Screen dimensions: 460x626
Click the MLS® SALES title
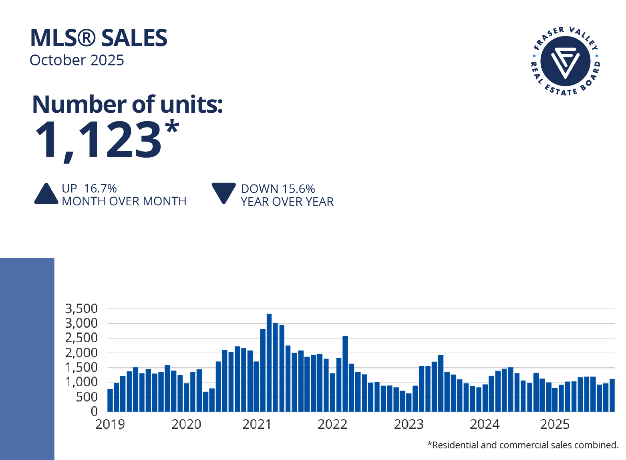[x=99, y=38]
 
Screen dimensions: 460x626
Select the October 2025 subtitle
[x=77, y=60]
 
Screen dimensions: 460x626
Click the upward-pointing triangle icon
[x=46, y=194]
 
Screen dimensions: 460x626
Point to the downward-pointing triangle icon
[x=223, y=193]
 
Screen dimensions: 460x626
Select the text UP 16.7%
[x=89, y=188]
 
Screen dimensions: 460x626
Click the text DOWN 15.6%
[x=278, y=189]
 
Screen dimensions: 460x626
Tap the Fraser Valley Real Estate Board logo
[x=565, y=61]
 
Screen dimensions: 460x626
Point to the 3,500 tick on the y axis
[x=82, y=308]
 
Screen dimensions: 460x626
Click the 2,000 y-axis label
[x=82, y=353]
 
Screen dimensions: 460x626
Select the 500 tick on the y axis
[x=87, y=397]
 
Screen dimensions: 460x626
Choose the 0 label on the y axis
[x=94, y=411]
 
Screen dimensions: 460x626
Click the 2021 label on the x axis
[x=257, y=424]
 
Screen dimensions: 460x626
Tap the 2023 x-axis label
[x=409, y=424]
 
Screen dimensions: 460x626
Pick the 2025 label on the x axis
[x=555, y=424]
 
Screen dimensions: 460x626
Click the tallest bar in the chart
[x=269, y=363]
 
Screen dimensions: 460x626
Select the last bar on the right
[x=612, y=395]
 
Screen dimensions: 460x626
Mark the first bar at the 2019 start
[x=110, y=400]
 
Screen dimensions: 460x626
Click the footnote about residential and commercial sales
[x=523, y=445]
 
